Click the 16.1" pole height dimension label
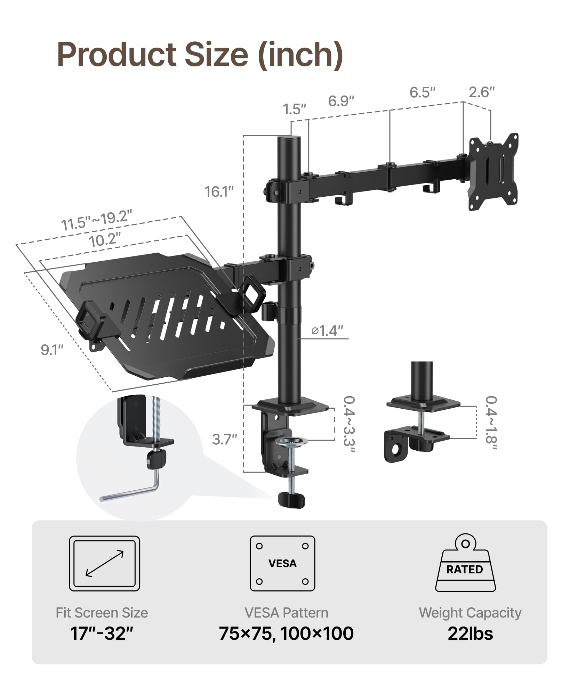tap(219, 192)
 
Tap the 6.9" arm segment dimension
tap(341, 101)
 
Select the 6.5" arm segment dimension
tap(423, 92)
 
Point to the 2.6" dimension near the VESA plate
tap(482, 92)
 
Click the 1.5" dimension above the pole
tap(294, 109)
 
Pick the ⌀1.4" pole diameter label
tap(327, 330)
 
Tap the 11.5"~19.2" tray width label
tap(97, 219)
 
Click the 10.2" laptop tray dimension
tap(105, 239)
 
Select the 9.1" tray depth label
tap(52, 350)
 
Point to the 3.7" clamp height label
tap(225, 440)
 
